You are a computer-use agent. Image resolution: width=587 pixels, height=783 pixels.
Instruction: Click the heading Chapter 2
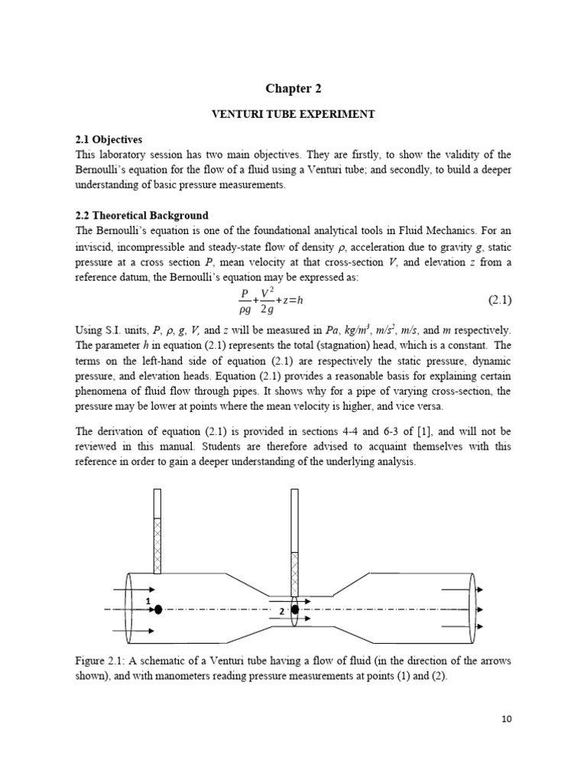293,89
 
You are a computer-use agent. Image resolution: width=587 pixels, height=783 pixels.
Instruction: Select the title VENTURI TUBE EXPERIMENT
293,114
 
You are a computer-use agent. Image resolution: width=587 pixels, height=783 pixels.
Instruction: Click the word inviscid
96,247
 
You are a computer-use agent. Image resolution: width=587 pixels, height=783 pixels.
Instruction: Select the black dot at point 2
294,609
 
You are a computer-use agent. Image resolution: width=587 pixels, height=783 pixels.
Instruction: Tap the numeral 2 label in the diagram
281,612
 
